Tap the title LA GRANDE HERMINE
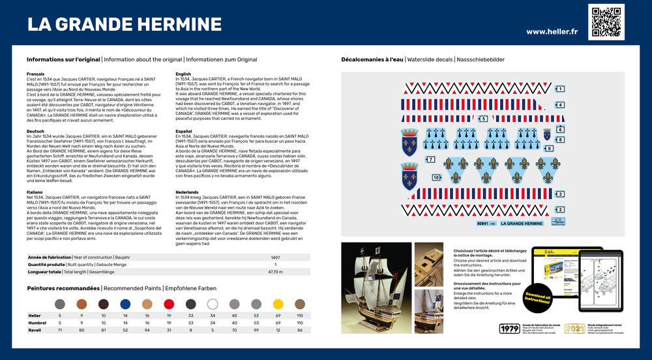click(124, 25)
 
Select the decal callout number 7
click(431, 159)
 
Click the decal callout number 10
click(436, 177)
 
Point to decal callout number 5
click(483, 119)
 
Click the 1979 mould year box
click(509, 329)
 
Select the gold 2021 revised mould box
click(574, 329)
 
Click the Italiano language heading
click(35, 192)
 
